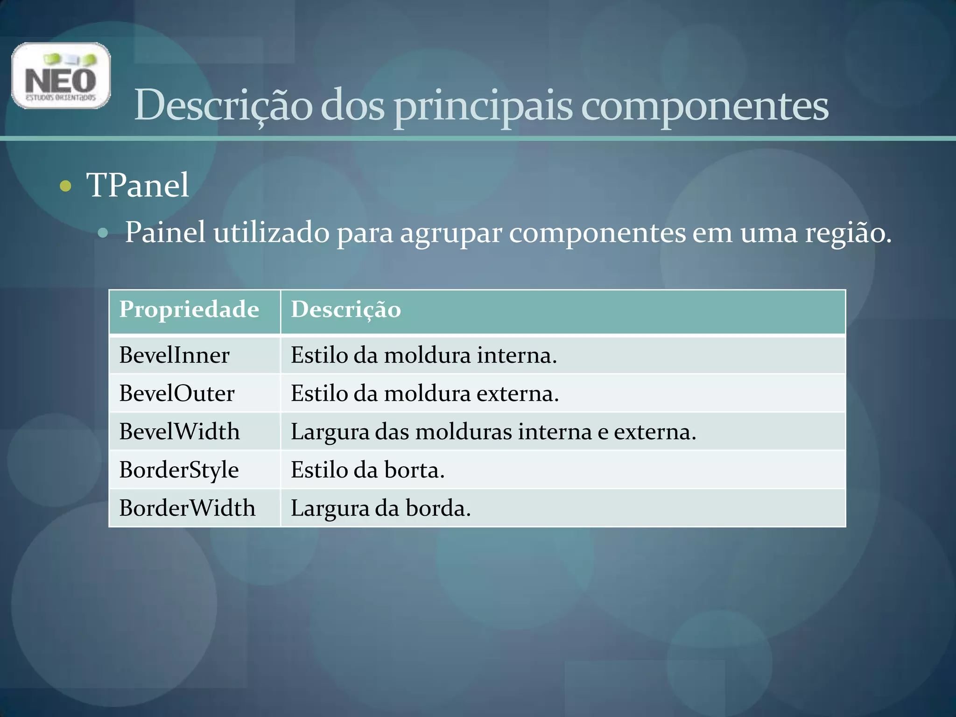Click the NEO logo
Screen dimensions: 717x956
point(61,76)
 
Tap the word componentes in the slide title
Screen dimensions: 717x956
point(704,106)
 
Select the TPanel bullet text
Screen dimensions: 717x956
point(138,185)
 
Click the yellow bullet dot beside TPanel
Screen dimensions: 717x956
point(66,186)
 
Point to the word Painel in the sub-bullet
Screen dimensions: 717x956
point(165,232)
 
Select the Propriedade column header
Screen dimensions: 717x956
point(189,309)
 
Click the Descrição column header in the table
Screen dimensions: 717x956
point(346,310)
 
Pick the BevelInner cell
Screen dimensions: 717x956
point(174,355)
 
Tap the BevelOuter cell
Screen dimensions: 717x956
point(176,394)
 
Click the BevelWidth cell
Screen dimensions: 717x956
point(179,432)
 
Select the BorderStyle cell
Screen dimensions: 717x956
point(179,470)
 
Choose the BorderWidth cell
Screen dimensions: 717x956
point(187,508)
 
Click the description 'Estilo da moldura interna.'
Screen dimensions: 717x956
point(424,355)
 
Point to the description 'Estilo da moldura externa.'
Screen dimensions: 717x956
point(425,394)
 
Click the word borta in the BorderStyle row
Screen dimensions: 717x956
point(414,470)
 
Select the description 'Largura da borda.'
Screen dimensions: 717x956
point(381,508)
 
